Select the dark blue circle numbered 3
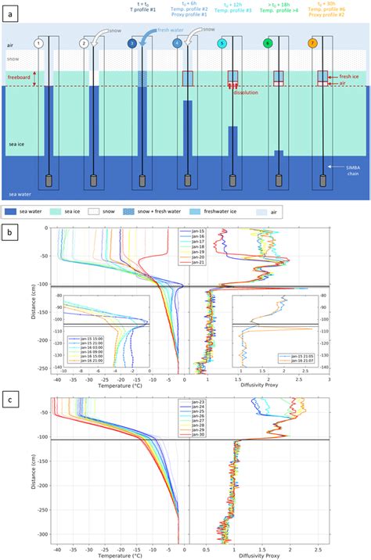click(x=132, y=45)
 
